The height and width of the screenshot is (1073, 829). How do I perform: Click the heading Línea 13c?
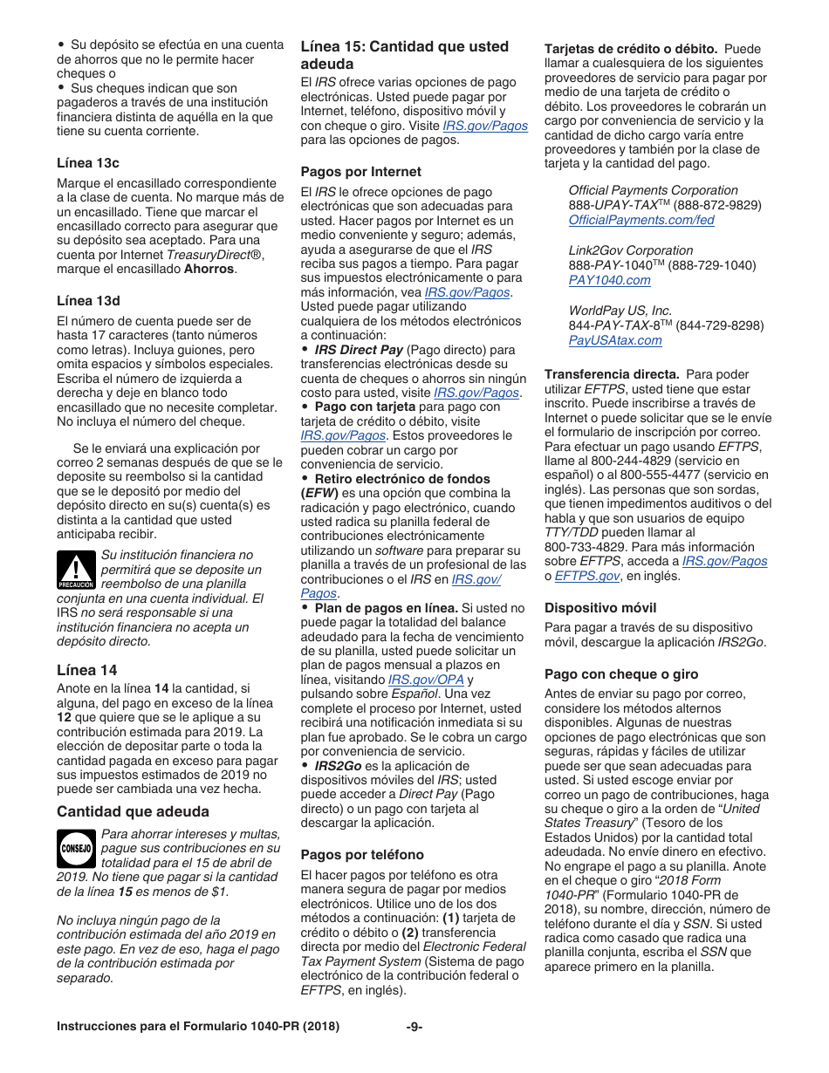point(88,163)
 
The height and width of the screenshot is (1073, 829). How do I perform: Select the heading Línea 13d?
point(88,301)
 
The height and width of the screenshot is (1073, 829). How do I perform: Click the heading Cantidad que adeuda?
point(133,811)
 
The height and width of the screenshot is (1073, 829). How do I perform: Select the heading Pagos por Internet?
point(360,172)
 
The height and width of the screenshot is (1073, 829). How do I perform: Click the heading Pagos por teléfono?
point(362,854)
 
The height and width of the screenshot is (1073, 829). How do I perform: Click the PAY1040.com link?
point(609,280)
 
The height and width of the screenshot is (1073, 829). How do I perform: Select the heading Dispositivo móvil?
point(600,607)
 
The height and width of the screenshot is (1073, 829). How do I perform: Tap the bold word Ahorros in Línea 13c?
point(209,269)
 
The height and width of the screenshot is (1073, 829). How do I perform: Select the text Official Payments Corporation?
point(653,190)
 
